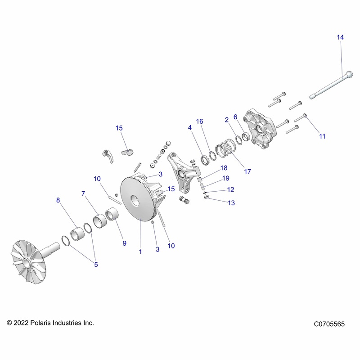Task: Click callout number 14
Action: [340, 38]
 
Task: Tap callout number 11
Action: [322, 136]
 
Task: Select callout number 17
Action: [247, 171]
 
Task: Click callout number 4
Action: [190, 128]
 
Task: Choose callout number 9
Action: [124, 243]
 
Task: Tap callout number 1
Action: [140, 252]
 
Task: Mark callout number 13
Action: [231, 203]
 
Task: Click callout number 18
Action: [224, 168]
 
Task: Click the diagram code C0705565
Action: [329, 324]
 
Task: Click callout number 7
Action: [83, 193]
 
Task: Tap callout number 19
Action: [226, 179]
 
